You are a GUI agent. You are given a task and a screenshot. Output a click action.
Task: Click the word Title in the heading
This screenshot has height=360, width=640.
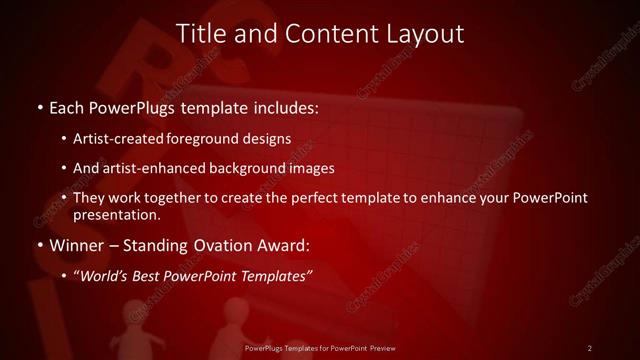201,33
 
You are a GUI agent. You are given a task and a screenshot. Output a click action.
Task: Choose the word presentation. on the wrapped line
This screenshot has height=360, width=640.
116,214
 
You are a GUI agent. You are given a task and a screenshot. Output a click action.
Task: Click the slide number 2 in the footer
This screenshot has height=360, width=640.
590,347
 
